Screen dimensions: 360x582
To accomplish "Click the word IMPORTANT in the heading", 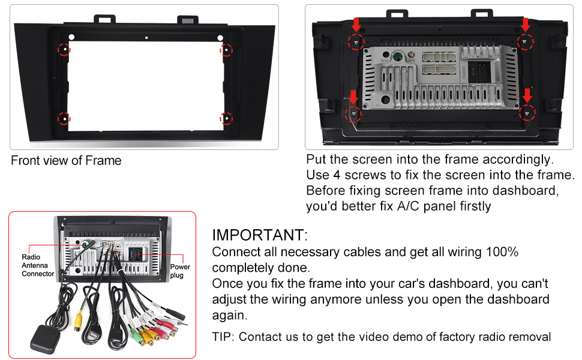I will tap(259, 235).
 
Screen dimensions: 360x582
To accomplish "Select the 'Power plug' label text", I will tap(180, 271).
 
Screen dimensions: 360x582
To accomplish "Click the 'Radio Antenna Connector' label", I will tap(38, 265).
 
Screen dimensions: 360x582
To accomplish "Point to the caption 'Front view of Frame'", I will tap(66, 161).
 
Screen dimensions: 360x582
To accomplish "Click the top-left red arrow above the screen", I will tap(356, 25).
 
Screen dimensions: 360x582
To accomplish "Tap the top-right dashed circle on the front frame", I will tap(227, 49).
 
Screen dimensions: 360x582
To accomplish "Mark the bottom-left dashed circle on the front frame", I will tap(64, 118).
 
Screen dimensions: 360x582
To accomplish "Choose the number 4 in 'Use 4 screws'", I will tap(335, 175).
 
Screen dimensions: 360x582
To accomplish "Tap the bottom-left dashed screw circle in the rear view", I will tap(354, 113).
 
